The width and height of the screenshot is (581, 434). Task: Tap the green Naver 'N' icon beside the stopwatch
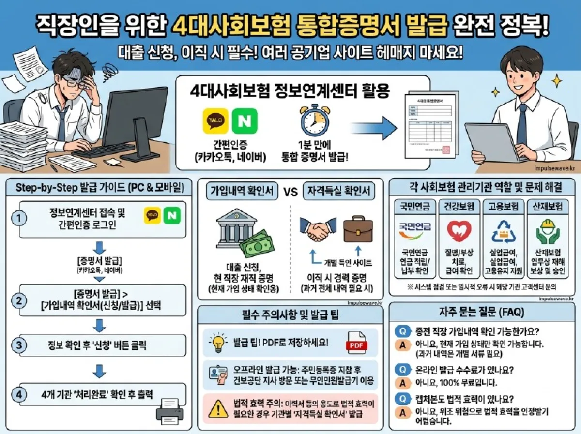(245, 121)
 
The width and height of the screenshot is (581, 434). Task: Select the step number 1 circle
(19, 219)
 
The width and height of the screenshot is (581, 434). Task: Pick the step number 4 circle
(19, 394)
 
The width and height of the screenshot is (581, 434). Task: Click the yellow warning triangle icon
(217, 409)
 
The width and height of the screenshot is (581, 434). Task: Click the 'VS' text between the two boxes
(290, 191)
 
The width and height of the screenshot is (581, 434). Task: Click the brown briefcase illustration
(358, 230)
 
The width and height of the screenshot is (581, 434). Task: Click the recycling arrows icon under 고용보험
(504, 231)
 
